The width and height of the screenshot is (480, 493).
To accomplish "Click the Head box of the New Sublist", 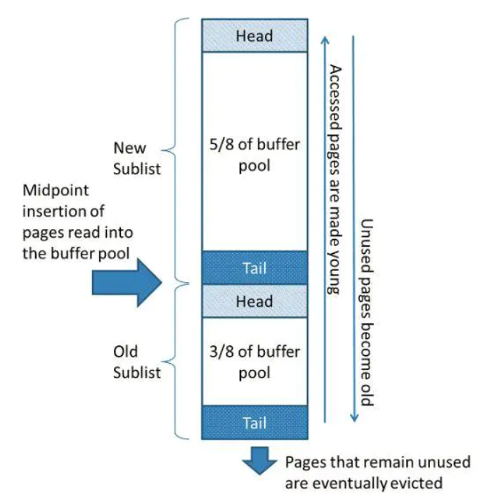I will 254,35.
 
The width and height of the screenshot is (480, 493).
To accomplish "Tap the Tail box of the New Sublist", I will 254,268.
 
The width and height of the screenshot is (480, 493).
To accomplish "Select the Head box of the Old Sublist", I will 254,301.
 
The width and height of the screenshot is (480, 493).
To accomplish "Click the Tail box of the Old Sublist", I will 254,423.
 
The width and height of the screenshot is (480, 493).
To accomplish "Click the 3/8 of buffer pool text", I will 254,361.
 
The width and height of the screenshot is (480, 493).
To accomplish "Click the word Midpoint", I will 51,191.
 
